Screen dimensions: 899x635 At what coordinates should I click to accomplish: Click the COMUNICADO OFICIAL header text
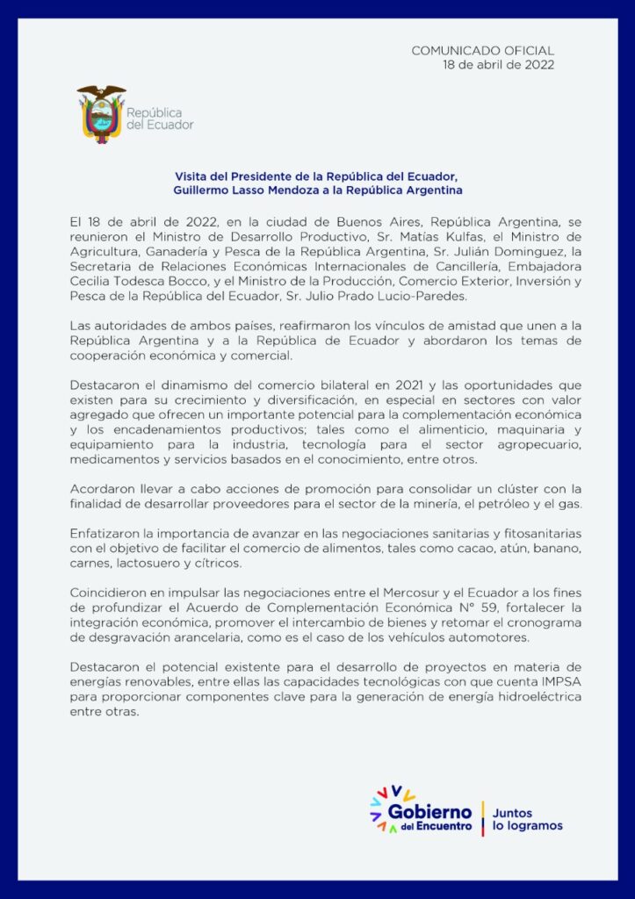[482, 51]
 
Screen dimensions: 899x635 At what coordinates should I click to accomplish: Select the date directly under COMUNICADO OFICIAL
[499, 65]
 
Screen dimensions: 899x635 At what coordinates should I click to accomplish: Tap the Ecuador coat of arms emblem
[101, 114]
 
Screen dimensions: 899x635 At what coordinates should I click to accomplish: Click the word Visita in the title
[193, 176]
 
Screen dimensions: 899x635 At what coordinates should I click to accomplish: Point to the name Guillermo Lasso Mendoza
[237, 190]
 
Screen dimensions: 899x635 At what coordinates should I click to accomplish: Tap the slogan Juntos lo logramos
[527, 819]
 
